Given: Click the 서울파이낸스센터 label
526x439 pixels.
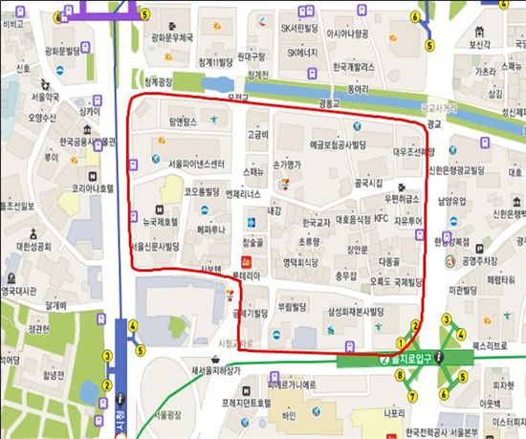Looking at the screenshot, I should [x=197, y=164].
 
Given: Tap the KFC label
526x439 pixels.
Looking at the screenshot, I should [x=381, y=219].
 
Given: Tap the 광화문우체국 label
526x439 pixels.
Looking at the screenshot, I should [x=172, y=38].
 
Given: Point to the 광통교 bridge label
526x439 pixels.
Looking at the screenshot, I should [x=329, y=101].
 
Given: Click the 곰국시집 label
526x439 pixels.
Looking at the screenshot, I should [x=368, y=182].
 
